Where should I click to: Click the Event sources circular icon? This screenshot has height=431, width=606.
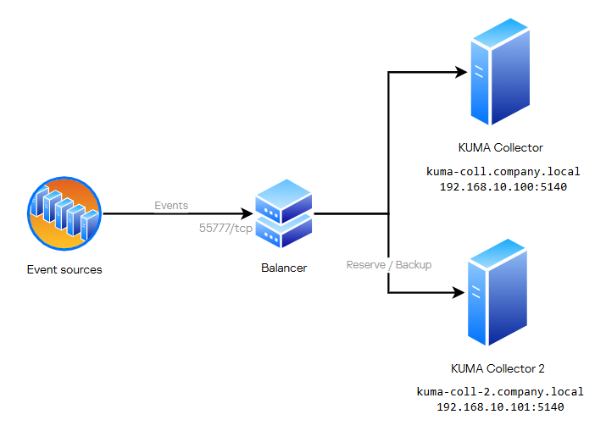click(64, 213)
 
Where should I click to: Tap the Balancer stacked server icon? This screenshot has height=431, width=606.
click(284, 213)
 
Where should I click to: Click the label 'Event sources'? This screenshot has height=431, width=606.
click(64, 270)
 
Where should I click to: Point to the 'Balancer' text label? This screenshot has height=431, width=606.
click(284, 268)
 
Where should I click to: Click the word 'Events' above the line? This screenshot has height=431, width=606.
click(171, 206)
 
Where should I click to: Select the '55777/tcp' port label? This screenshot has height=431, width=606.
click(225, 228)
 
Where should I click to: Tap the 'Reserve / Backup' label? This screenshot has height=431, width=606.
click(389, 265)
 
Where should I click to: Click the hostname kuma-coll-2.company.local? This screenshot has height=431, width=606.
click(500, 393)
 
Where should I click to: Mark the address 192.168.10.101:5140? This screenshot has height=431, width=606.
click(500, 407)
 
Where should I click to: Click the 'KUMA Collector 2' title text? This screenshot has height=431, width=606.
click(498, 368)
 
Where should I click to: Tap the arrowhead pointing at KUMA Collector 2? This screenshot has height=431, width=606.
click(459, 293)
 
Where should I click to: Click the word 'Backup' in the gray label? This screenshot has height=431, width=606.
click(414, 265)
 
